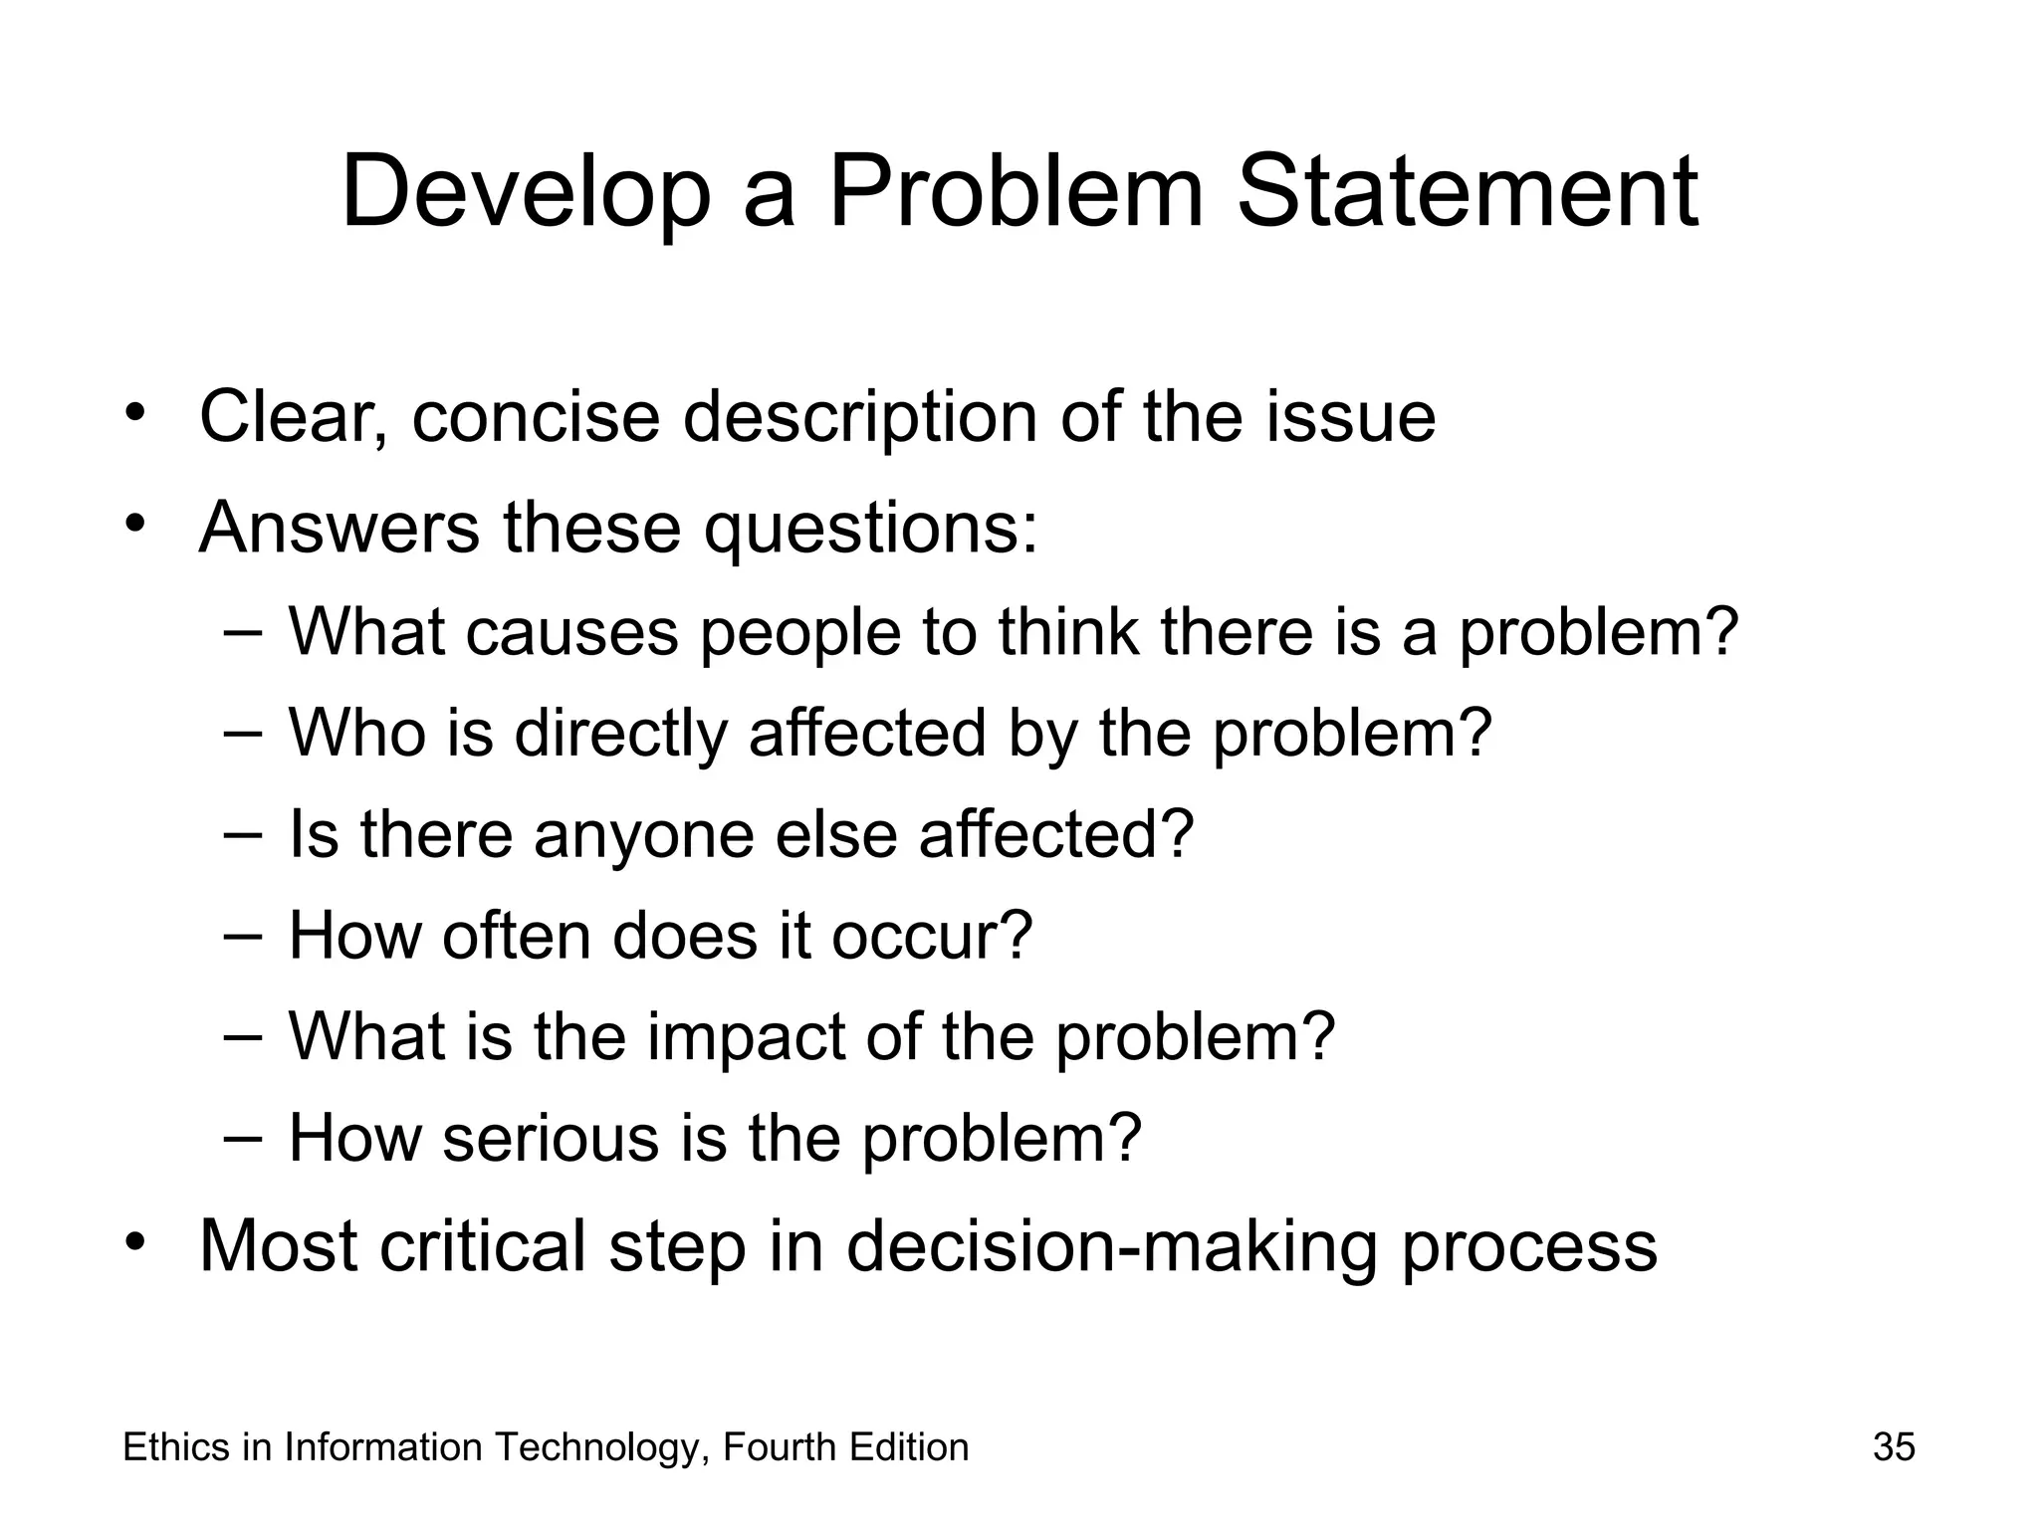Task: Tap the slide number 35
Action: [x=1894, y=1446]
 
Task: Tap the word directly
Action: [x=620, y=734]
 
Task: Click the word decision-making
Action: [x=1111, y=1245]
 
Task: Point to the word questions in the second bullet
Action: [x=870, y=529]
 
